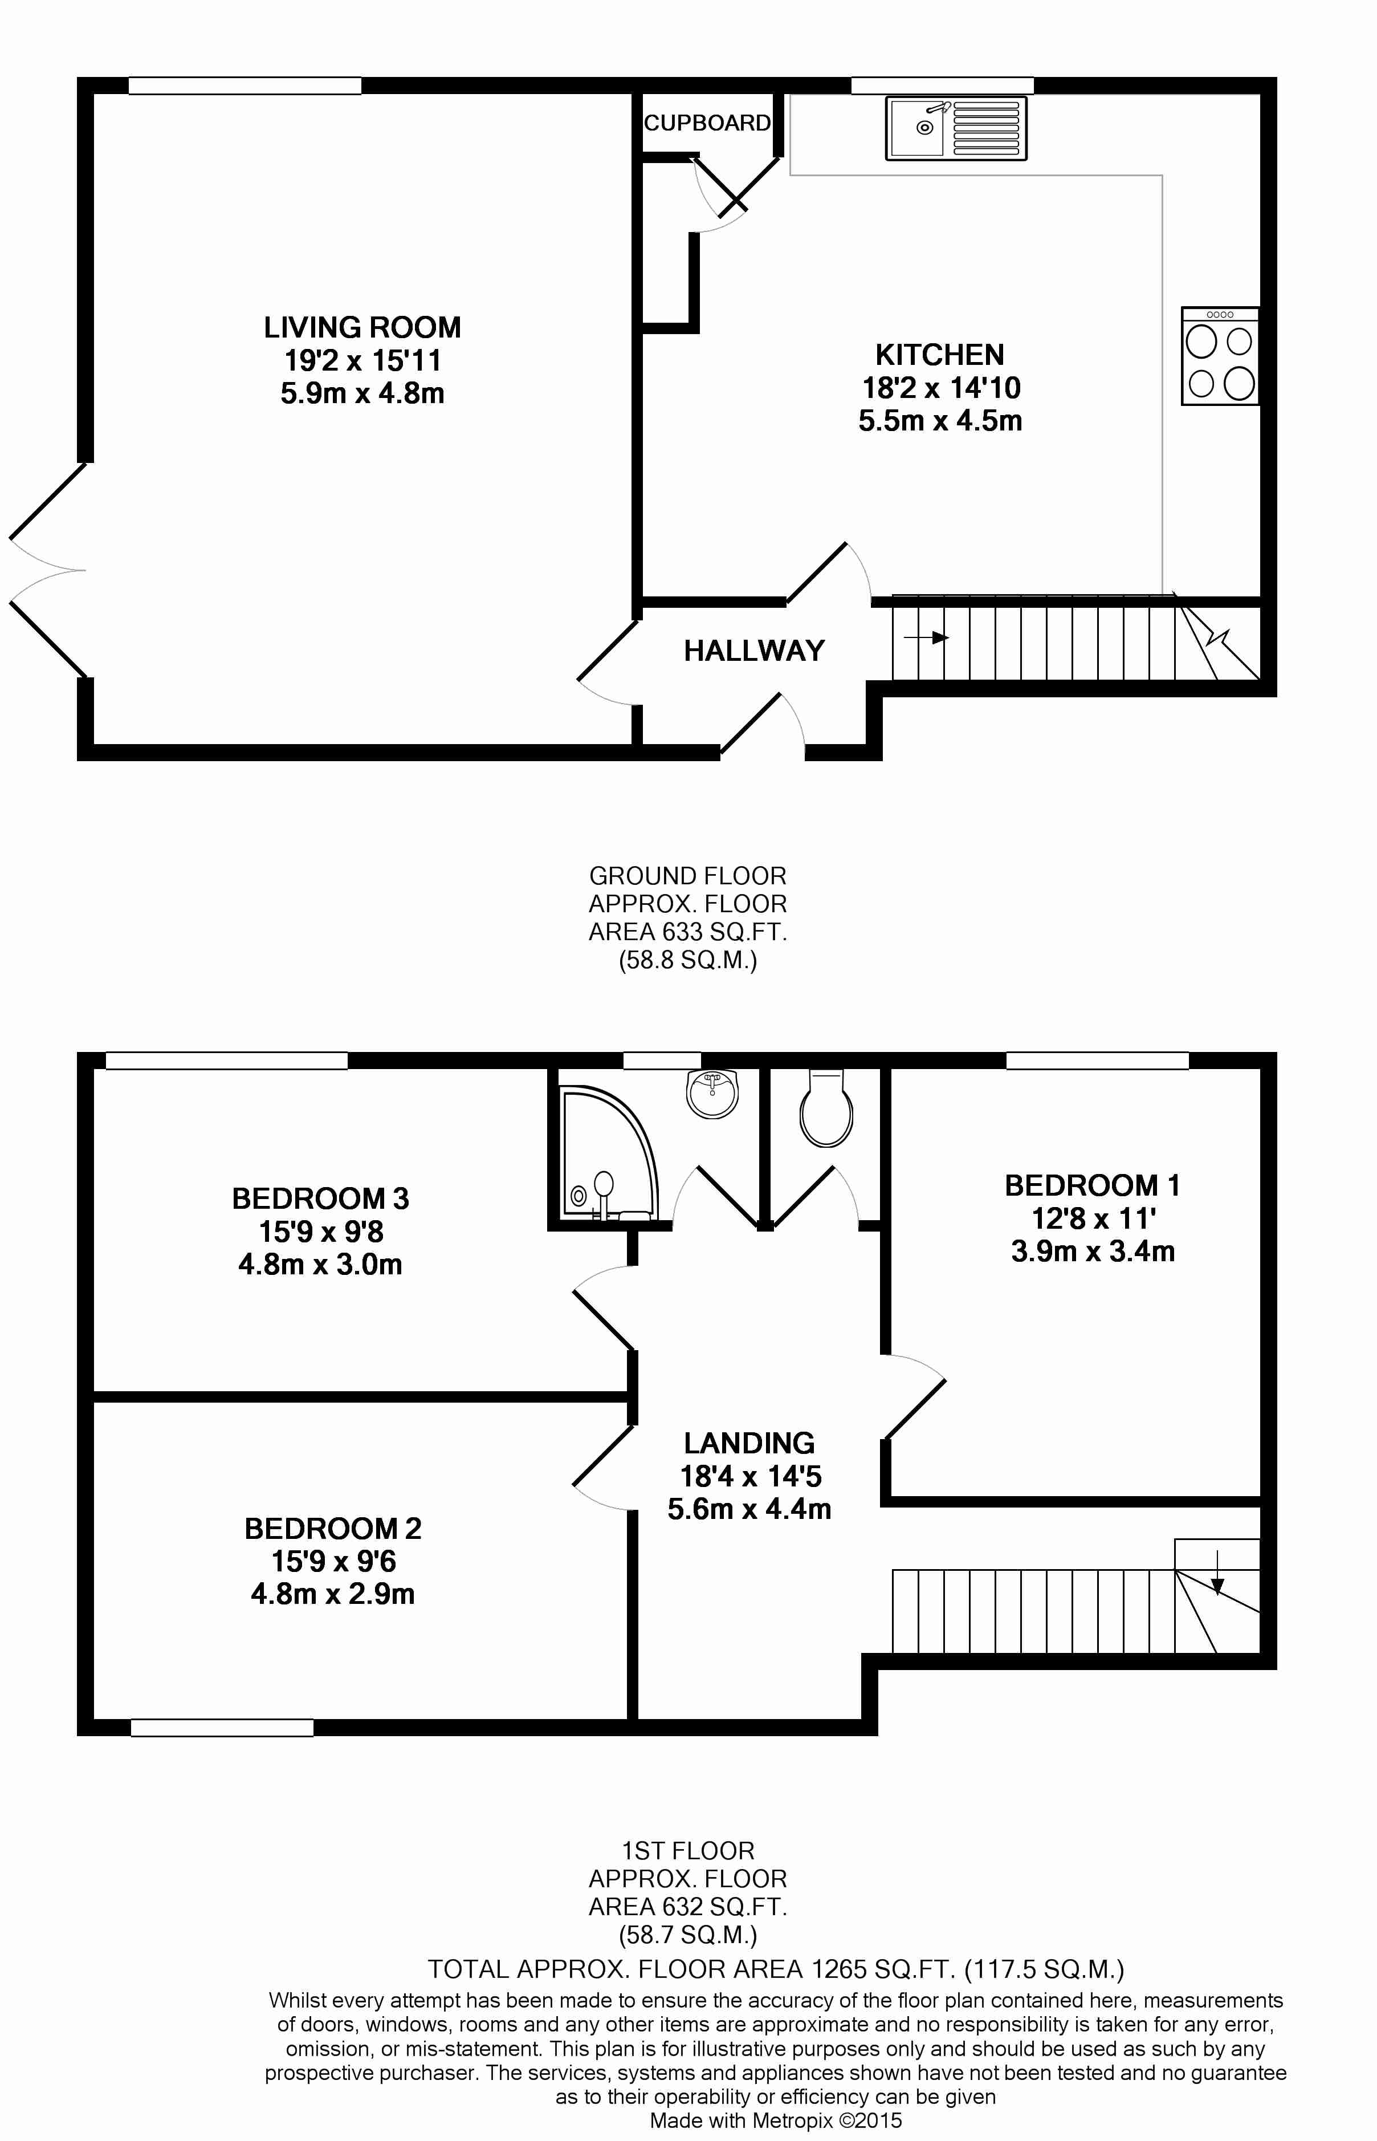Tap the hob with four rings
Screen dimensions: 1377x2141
[x=1220, y=356]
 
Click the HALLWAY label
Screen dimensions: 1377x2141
[x=754, y=650]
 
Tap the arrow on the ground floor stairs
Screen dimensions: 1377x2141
[x=926, y=637]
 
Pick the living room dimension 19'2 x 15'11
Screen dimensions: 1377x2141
[x=362, y=360]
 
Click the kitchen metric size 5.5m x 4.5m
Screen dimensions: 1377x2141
[x=940, y=420]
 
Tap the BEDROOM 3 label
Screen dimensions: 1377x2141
[x=320, y=1199]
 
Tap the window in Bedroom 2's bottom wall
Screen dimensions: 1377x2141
[x=222, y=1727]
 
